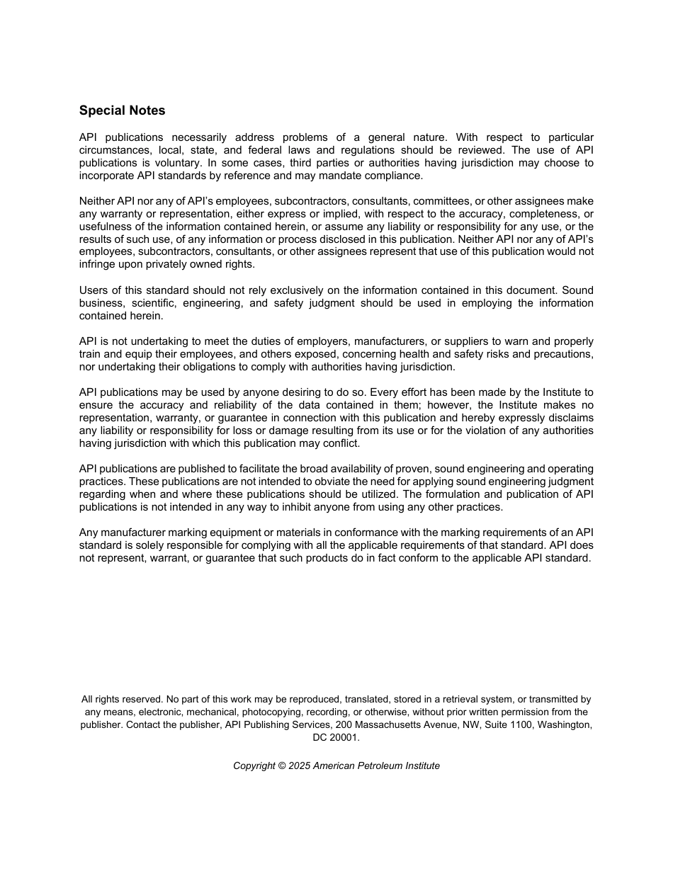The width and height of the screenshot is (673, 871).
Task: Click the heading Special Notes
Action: (x=122, y=110)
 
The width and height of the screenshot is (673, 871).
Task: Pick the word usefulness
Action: (x=106, y=227)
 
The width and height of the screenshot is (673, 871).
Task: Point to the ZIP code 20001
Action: (x=345, y=737)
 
